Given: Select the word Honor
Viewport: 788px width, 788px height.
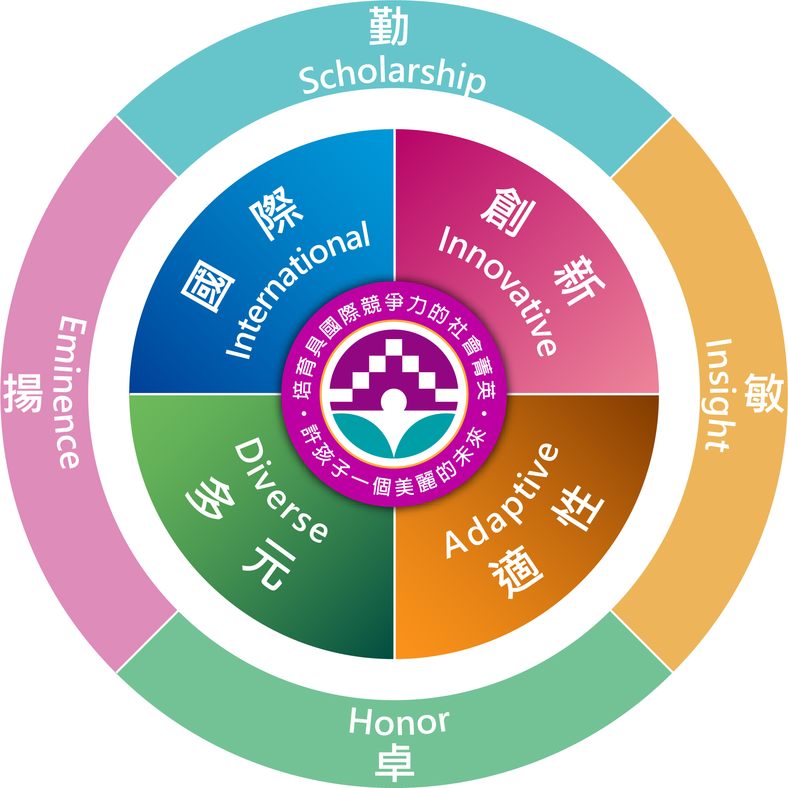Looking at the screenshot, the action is (x=399, y=721).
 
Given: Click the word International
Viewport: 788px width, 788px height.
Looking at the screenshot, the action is (x=298, y=290).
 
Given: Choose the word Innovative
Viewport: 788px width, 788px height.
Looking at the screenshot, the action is (x=497, y=291).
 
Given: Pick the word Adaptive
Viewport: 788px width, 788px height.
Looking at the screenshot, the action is (x=502, y=500).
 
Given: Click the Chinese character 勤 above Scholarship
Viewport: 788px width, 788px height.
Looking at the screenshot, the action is (x=389, y=26).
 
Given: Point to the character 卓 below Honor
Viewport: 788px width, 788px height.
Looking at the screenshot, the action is (x=395, y=762).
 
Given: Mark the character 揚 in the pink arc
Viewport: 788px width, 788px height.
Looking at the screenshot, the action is (x=23, y=393).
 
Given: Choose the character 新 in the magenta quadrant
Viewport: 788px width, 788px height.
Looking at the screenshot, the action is (x=579, y=280).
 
